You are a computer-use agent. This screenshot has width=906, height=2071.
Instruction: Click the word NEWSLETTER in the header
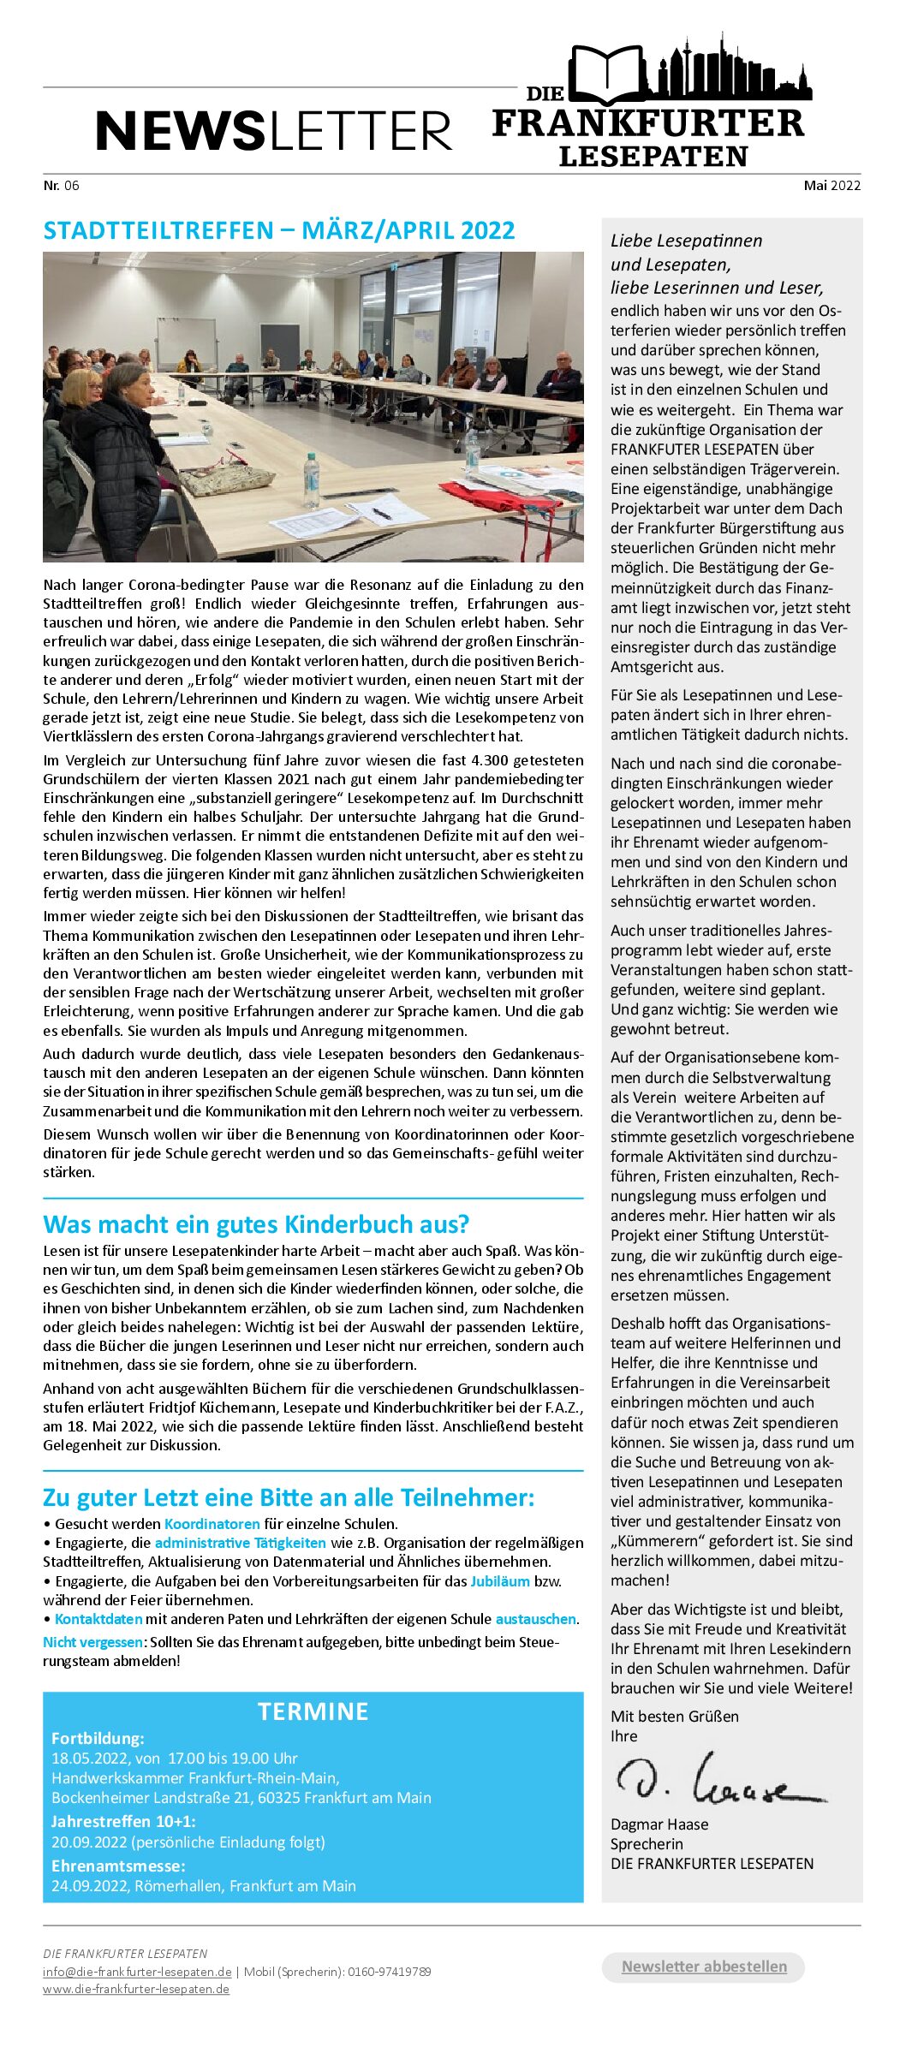(x=273, y=131)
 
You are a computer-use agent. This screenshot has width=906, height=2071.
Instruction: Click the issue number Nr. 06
(x=61, y=185)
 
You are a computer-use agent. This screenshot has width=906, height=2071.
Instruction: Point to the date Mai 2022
(x=831, y=185)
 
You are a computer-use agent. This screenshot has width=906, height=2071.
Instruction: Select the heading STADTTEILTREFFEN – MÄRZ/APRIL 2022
(x=279, y=230)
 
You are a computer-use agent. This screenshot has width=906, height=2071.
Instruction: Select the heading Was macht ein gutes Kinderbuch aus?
(x=256, y=1223)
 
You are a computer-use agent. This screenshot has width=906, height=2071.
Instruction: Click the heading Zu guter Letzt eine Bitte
(x=289, y=1497)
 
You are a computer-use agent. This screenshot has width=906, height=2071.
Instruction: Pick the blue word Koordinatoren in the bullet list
(x=212, y=1524)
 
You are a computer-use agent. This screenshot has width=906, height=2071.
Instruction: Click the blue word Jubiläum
(x=499, y=1581)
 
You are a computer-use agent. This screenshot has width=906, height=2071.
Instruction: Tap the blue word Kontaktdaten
(x=98, y=1619)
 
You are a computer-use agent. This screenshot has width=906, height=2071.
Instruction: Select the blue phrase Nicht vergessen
(x=93, y=1642)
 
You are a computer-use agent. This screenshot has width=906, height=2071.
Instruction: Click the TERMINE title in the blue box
(x=313, y=1711)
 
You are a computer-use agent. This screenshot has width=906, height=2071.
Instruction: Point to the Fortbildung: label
(x=98, y=1738)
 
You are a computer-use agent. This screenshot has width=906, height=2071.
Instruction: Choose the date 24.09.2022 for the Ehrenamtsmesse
(x=90, y=1885)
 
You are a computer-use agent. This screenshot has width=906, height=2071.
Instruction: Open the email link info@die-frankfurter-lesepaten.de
(x=137, y=1972)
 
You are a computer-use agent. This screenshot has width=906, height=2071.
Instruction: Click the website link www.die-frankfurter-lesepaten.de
(x=136, y=1989)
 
